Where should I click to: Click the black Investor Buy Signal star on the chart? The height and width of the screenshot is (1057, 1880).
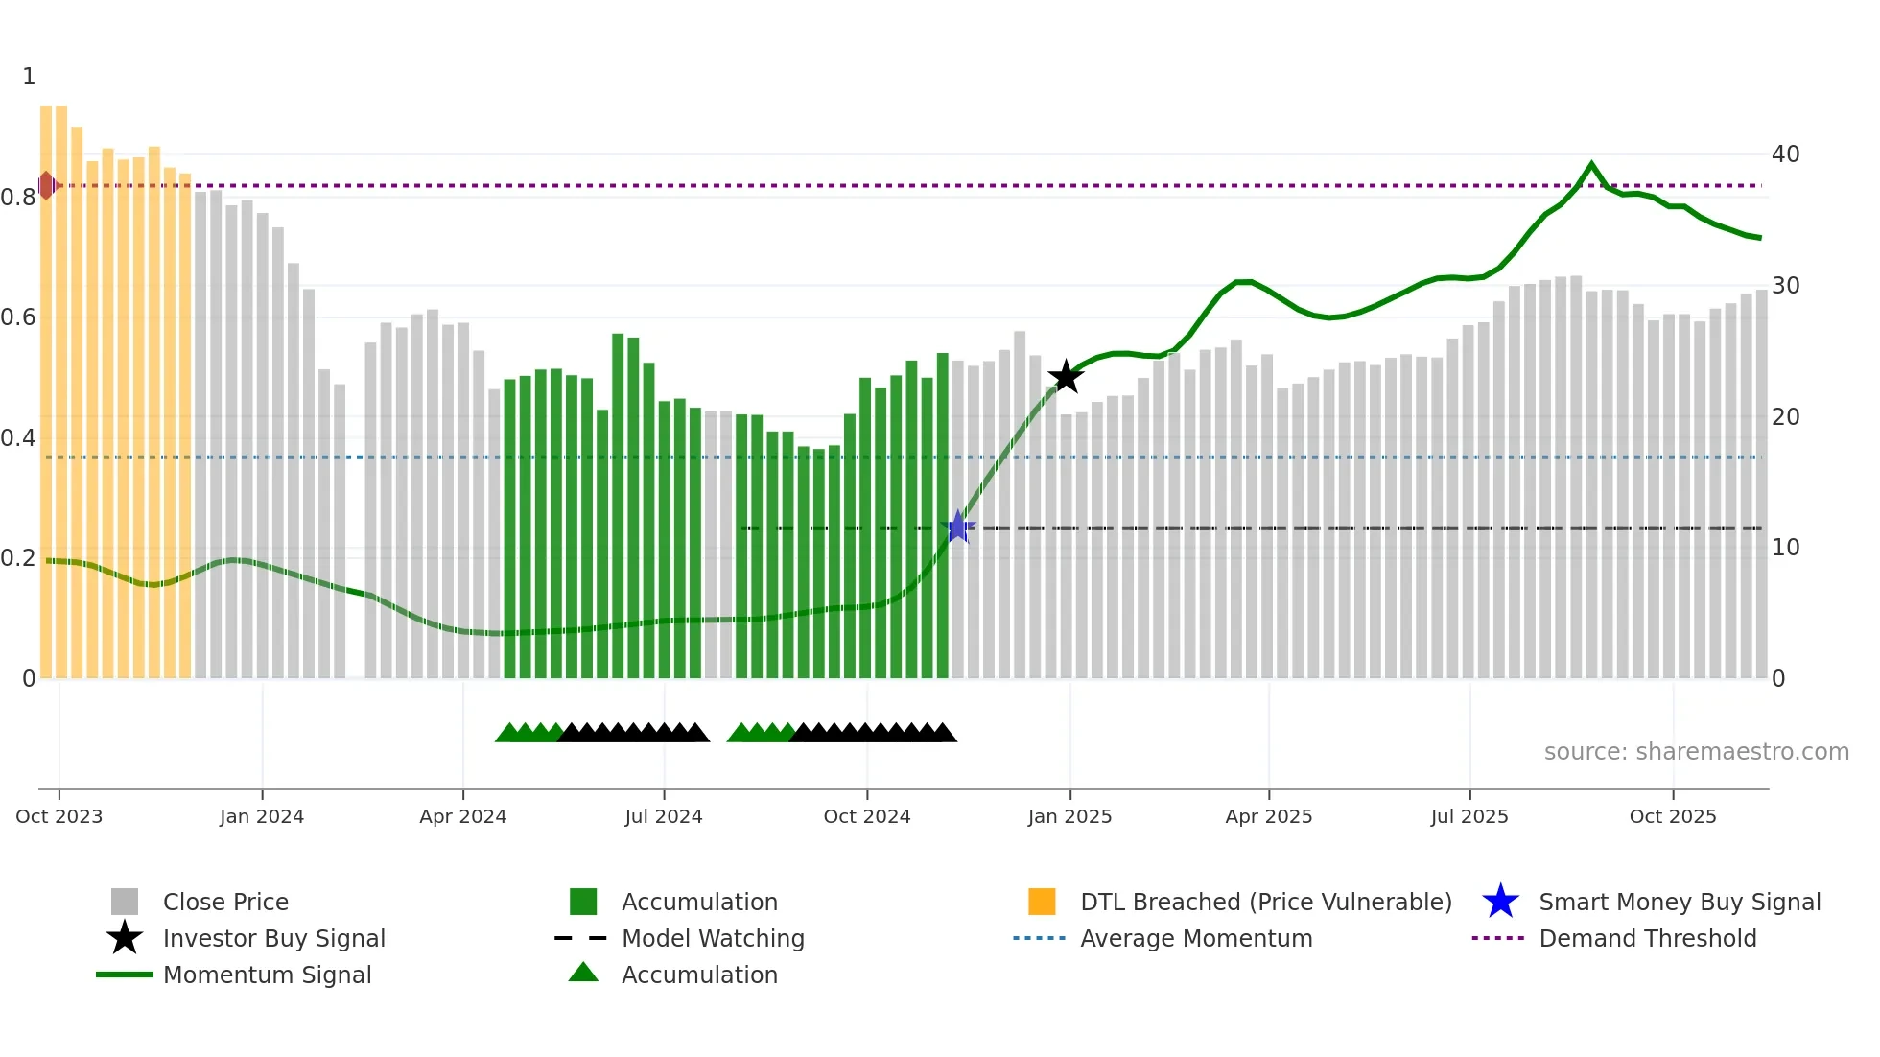[x=1066, y=377]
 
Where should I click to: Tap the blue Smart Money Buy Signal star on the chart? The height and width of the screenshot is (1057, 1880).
[x=957, y=527]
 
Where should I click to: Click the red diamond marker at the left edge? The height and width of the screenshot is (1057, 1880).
[x=46, y=185]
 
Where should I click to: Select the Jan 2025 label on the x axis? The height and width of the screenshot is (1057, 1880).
[x=1069, y=816]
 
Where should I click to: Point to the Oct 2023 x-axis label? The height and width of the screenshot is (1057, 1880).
[x=59, y=816]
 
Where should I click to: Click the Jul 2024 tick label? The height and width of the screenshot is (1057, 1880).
[x=664, y=816]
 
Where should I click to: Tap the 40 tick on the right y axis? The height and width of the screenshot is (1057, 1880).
[x=1785, y=154]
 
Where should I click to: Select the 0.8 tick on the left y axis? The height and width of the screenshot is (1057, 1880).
[x=18, y=198]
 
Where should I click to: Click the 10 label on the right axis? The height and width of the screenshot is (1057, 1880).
[x=1785, y=548]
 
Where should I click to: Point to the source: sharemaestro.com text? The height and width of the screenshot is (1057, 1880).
[x=1696, y=752]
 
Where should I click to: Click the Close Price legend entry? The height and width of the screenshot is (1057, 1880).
[x=225, y=902]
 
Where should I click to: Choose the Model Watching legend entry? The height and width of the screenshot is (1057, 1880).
[x=713, y=938]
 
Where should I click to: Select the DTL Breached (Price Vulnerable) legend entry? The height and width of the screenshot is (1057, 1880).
[x=1265, y=902]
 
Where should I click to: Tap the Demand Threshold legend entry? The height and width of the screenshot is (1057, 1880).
[x=1647, y=938]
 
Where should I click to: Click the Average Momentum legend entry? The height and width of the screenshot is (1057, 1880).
[x=1196, y=938]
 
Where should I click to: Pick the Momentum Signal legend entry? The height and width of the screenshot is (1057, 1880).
[x=267, y=975]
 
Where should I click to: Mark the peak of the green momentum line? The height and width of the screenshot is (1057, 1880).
[x=1591, y=164]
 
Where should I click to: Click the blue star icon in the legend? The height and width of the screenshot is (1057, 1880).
[x=1500, y=902]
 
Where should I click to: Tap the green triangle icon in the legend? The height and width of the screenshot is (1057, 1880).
[x=583, y=973]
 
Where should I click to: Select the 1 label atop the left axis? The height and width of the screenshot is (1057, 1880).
[x=29, y=77]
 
